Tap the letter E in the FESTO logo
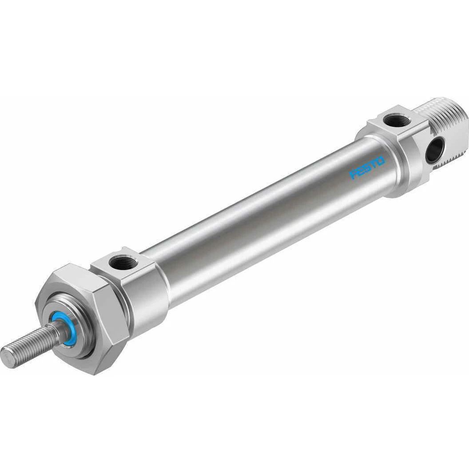(360, 171)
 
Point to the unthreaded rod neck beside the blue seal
(58, 330)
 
